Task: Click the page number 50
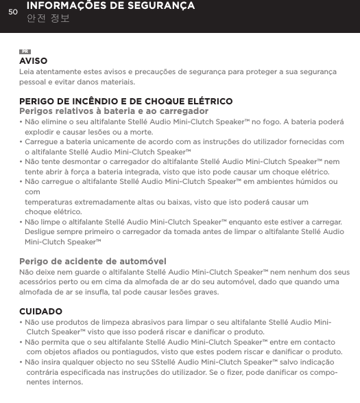tap(12, 10)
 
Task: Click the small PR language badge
tap(25, 52)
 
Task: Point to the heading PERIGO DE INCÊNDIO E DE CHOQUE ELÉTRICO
tap(125, 102)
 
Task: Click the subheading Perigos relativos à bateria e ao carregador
tap(114, 111)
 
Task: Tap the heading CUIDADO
tap(41, 312)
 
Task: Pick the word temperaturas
tap(51, 203)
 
